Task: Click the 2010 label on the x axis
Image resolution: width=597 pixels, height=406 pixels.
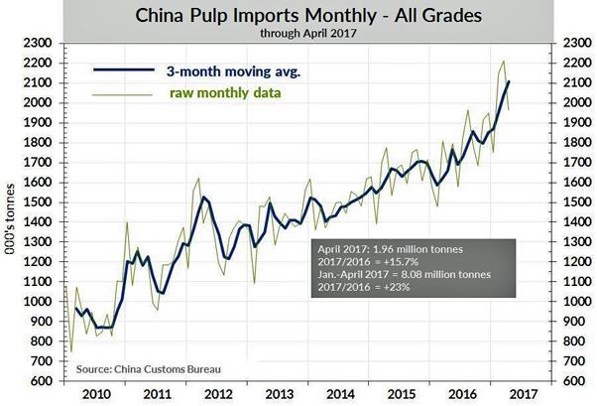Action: pyautogui.click(x=101, y=394)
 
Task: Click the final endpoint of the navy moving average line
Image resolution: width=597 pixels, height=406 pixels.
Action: pyautogui.click(x=509, y=82)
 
